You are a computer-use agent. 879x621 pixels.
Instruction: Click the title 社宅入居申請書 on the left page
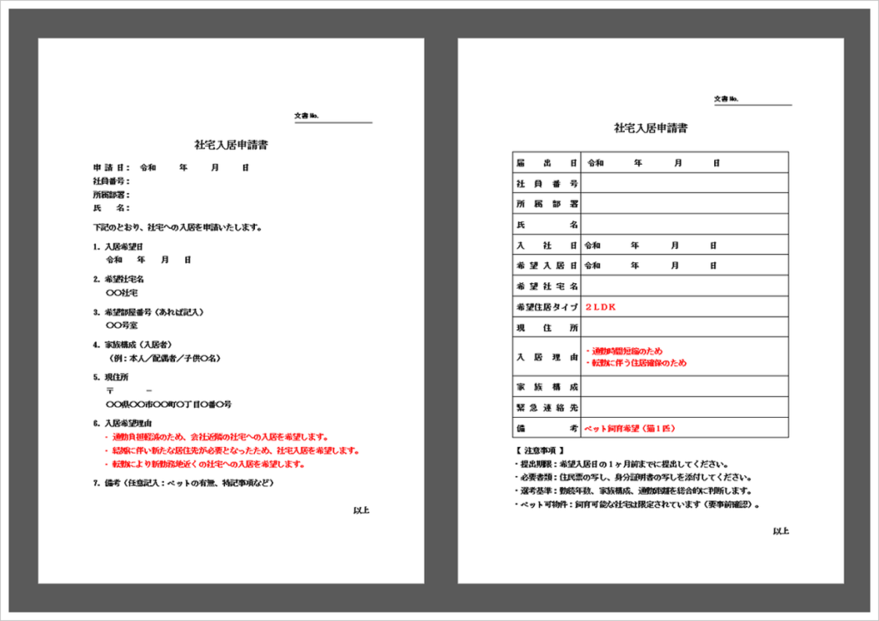click(x=231, y=145)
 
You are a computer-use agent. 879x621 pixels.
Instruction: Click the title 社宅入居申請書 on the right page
click(x=650, y=128)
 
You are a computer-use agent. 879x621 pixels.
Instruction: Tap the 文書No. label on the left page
click(x=306, y=115)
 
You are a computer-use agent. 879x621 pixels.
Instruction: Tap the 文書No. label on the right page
click(x=726, y=99)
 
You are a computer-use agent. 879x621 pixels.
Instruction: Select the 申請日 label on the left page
click(x=111, y=168)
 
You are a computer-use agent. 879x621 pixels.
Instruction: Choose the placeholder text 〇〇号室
click(x=121, y=326)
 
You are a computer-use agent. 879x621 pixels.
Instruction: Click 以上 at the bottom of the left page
click(x=361, y=510)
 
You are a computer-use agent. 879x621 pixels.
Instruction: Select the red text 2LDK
click(x=601, y=306)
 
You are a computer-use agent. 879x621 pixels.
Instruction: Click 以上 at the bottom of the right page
click(x=780, y=531)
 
